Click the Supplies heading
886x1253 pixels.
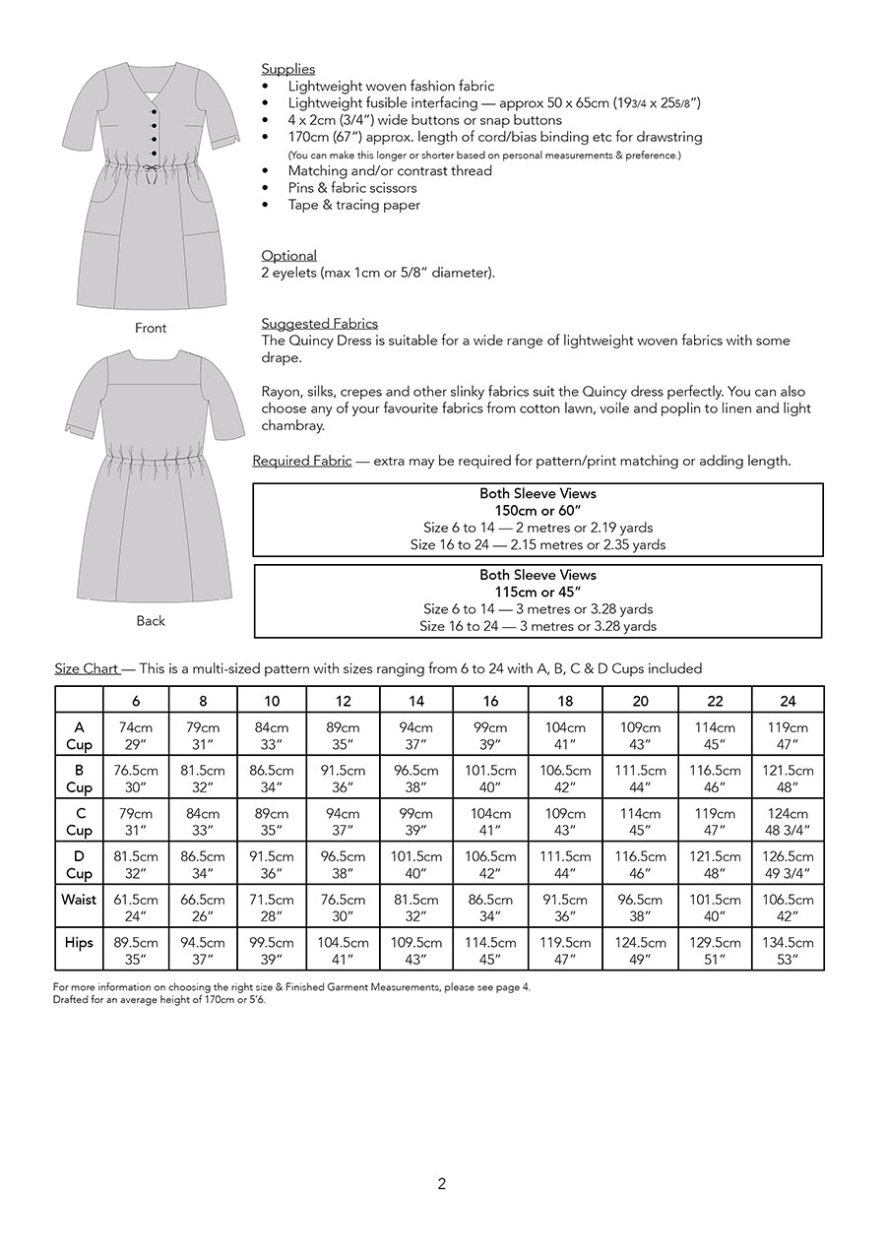click(x=287, y=69)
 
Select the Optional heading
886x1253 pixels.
click(x=288, y=256)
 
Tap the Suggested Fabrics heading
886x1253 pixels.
click(x=319, y=324)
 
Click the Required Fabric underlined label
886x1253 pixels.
click(x=301, y=461)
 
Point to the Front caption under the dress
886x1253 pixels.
click(x=151, y=328)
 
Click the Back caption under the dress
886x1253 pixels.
click(x=151, y=621)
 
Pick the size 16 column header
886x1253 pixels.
click(x=490, y=701)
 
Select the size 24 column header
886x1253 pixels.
click(x=788, y=701)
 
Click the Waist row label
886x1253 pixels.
click(x=79, y=900)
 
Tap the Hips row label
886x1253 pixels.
click(x=79, y=943)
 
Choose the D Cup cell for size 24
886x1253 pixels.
click(x=788, y=864)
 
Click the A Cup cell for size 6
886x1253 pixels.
click(x=136, y=736)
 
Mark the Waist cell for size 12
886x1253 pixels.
click(x=343, y=908)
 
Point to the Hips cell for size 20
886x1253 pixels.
click(x=640, y=951)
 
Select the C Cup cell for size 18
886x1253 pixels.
click(x=565, y=822)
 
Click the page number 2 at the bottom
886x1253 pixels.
click(x=441, y=1184)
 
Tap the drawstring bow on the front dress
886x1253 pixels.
click(x=151, y=172)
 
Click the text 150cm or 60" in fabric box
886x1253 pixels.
click(x=538, y=511)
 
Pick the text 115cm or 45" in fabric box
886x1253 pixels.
click(x=538, y=592)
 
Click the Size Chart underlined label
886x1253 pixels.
click(x=87, y=668)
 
